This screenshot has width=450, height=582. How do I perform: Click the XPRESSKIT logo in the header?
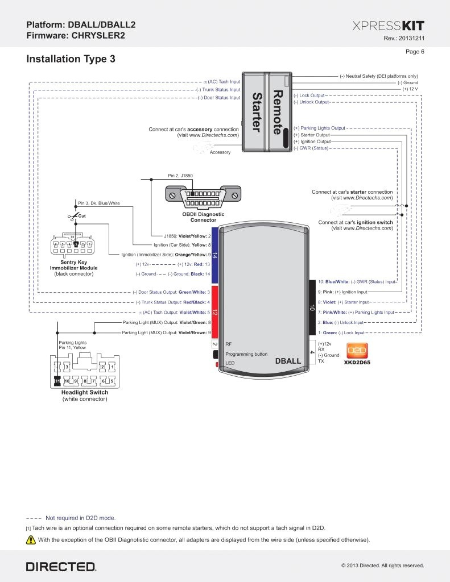coord(388,26)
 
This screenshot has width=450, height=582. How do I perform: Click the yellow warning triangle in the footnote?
coord(31,539)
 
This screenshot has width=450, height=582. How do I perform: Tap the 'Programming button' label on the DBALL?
coord(246,354)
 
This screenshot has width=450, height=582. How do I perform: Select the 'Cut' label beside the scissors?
coord(82,216)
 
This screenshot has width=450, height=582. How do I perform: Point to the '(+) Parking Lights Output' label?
coord(319,128)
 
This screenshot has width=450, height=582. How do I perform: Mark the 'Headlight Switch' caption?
coord(84,392)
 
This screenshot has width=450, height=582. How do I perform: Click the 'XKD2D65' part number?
coord(357,361)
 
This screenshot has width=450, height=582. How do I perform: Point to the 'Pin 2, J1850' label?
coord(181,176)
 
